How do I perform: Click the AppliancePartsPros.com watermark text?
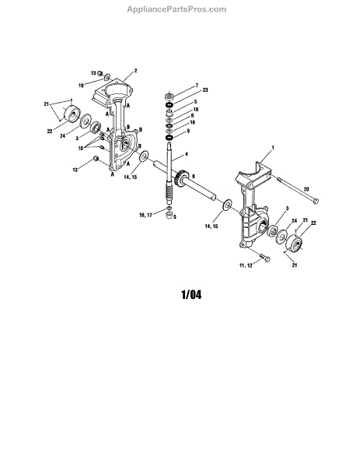[x=177, y=9]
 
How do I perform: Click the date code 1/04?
[x=191, y=294]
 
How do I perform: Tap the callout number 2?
[x=135, y=71]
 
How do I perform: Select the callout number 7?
[x=197, y=86]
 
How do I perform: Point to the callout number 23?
[x=205, y=90]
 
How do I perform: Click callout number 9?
[x=188, y=131]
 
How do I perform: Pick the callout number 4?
[x=187, y=154]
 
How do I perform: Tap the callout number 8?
[x=193, y=177]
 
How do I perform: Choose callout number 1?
[x=273, y=147]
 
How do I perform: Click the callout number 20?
[x=306, y=189]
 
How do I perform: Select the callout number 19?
[x=81, y=86]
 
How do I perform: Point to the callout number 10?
[x=81, y=148]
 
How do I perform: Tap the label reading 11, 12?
[x=246, y=265]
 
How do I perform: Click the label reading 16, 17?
[x=145, y=215]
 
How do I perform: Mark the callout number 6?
[x=192, y=115]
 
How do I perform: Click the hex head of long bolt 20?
[x=316, y=202]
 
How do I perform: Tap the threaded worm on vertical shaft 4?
[x=170, y=194]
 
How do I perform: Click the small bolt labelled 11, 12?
[x=264, y=258]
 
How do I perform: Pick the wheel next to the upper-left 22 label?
[x=72, y=114]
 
